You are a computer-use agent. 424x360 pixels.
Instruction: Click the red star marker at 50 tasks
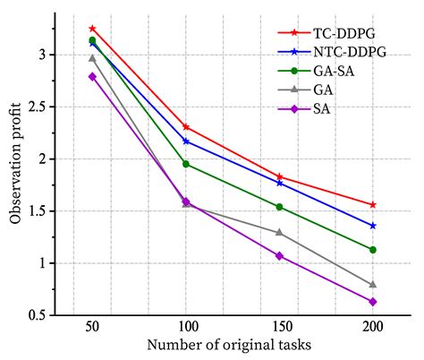click(92, 29)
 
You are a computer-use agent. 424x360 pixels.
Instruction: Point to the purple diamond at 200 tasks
click(373, 302)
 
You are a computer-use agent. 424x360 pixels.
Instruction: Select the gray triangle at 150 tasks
click(279, 232)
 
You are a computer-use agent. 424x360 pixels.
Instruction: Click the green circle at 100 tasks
click(186, 164)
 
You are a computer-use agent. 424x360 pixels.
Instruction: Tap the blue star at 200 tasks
click(373, 226)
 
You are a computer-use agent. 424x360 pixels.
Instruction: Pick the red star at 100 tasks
click(186, 127)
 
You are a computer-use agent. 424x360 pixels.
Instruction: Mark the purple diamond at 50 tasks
click(92, 76)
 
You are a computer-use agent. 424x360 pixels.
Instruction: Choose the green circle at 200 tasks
click(373, 250)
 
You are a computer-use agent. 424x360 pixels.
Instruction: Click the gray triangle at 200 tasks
click(373, 285)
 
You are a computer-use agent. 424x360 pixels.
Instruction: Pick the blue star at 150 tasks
click(279, 183)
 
